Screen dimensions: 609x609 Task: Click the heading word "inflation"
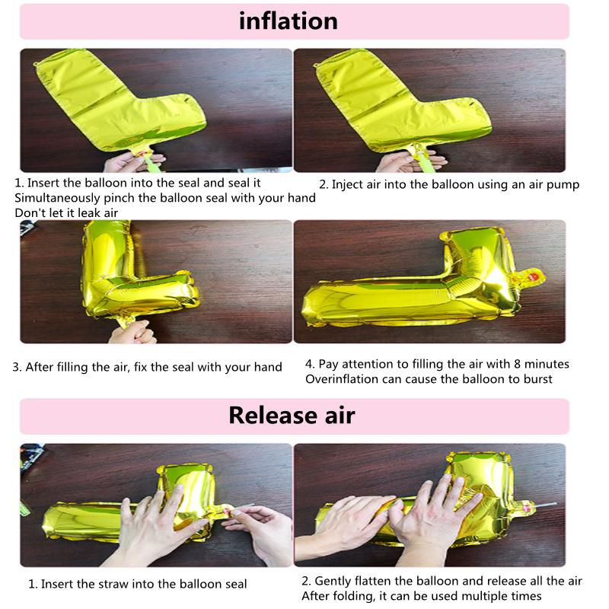coord(289,21)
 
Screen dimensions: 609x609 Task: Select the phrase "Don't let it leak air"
coord(67,212)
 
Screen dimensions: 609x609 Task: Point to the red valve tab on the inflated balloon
coord(537,274)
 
